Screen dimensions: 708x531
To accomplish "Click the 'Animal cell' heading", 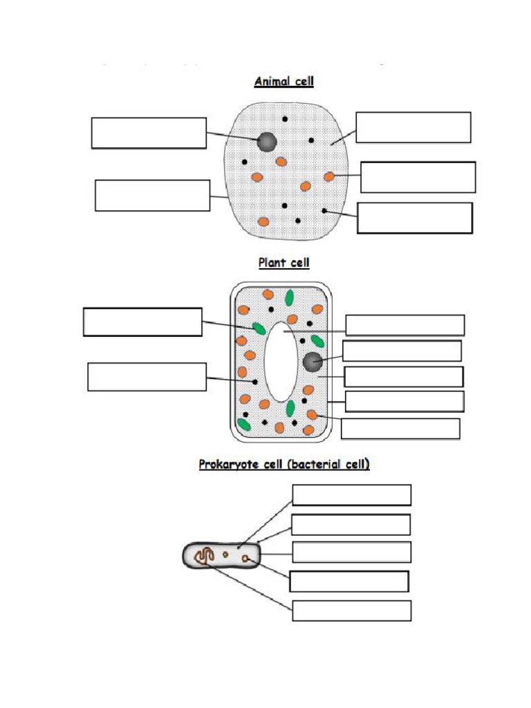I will (x=283, y=82).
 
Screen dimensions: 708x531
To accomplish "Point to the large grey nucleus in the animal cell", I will (x=267, y=142).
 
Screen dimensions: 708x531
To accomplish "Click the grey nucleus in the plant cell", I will (x=313, y=361).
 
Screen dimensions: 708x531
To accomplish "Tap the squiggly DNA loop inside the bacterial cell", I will (x=203, y=556).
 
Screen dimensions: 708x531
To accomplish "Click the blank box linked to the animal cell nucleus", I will (x=149, y=133).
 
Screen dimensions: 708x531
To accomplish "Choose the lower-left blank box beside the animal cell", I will (x=152, y=195).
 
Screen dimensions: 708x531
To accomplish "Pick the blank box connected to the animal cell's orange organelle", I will (x=418, y=177).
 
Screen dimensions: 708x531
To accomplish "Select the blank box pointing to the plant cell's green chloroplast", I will (x=142, y=322).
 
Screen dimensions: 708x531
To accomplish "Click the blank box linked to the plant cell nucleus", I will (x=402, y=351).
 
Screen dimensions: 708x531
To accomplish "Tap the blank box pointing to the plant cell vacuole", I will (x=404, y=325).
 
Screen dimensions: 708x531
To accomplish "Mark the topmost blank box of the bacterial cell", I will (x=351, y=495).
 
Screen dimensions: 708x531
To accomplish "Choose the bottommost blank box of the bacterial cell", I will (x=351, y=611).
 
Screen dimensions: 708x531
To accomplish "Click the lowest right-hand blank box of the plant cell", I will (x=400, y=429).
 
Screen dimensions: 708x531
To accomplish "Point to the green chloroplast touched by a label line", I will (x=259, y=328).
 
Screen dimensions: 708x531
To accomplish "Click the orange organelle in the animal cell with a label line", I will (x=329, y=177).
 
